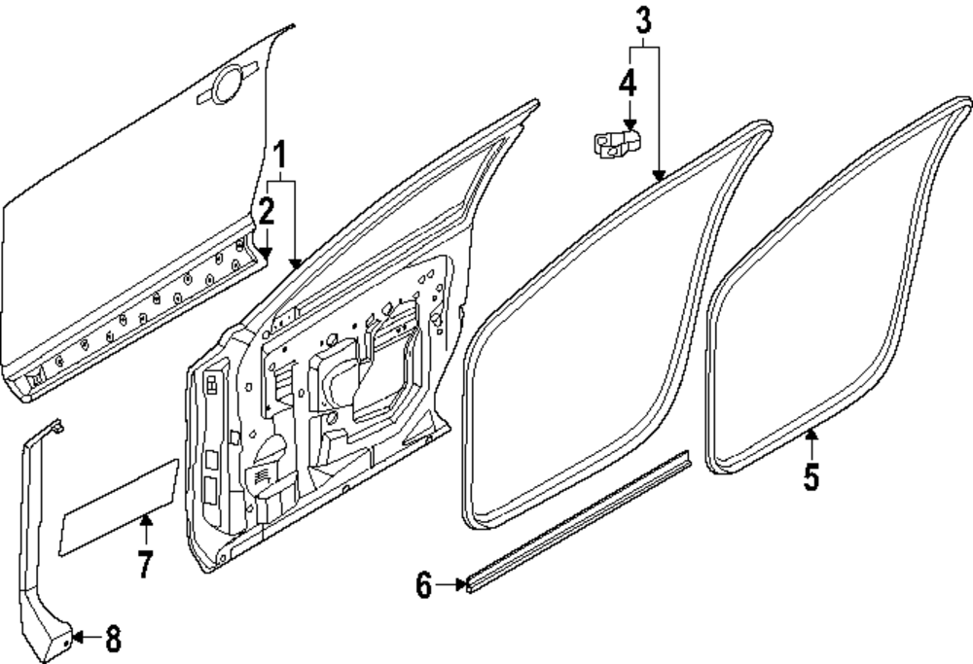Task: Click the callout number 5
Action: click(x=811, y=476)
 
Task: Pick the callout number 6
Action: click(x=424, y=585)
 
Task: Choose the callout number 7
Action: click(x=145, y=564)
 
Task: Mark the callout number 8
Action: click(x=113, y=639)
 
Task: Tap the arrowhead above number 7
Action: click(x=145, y=521)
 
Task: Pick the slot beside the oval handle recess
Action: click(x=205, y=96)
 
